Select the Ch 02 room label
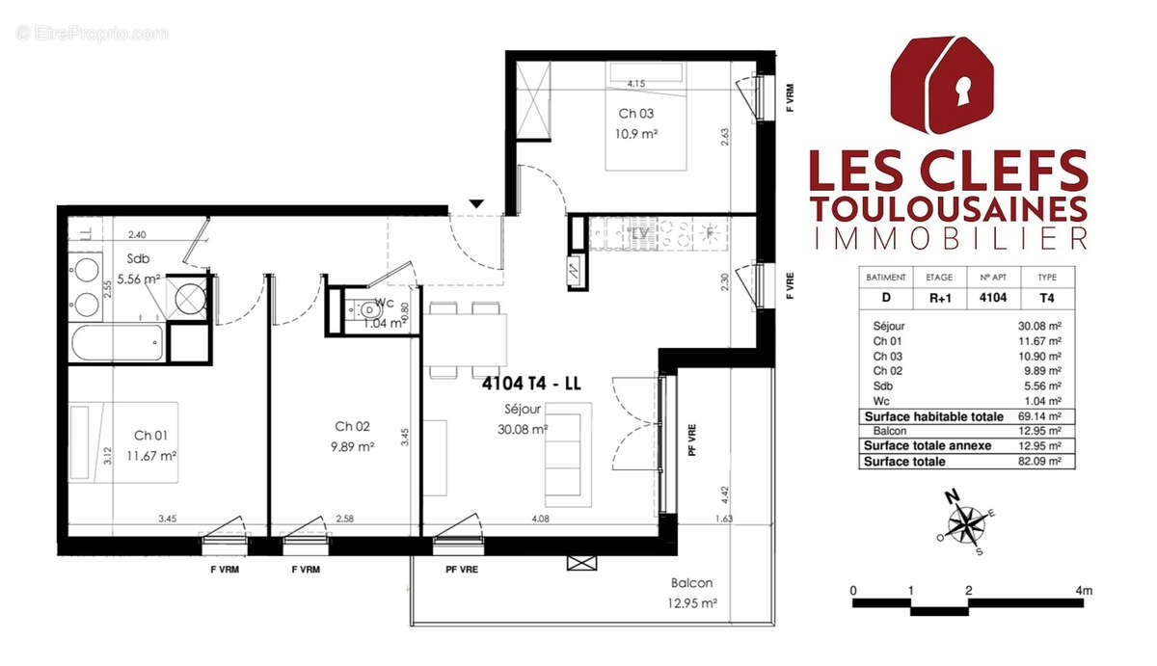[x=352, y=426]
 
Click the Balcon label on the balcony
[x=692, y=583]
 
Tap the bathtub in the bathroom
[x=117, y=341]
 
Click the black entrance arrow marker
[x=476, y=203]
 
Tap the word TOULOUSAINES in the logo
[x=949, y=208]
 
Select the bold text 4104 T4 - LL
[x=531, y=383]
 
